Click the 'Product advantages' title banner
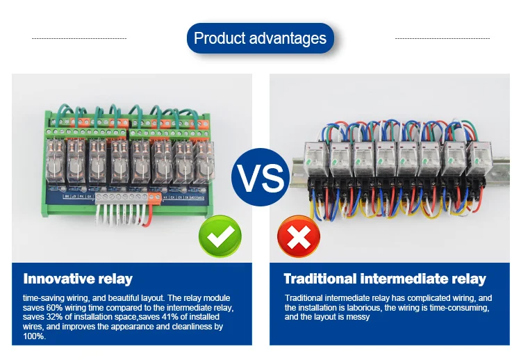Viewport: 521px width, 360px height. pos(260,38)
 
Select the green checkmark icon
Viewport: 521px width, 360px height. pos(220,238)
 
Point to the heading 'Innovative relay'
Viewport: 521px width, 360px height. pos(78,279)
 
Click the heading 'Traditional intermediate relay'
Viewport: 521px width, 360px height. pos(385,279)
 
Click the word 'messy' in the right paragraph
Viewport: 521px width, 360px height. pos(356,317)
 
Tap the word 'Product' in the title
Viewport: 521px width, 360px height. pos(217,38)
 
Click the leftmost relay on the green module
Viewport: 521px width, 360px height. pos(56,162)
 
